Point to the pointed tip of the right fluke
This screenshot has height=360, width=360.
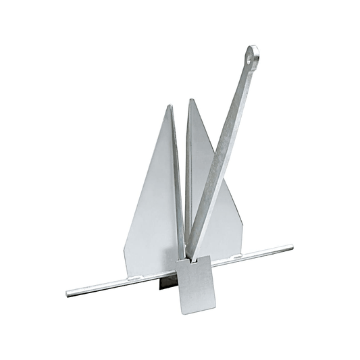pyautogui.click(x=192, y=101)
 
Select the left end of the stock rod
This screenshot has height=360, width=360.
pyautogui.click(x=68, y=294)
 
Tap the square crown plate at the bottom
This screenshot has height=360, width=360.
pyautogui.click(x=195, y=284)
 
